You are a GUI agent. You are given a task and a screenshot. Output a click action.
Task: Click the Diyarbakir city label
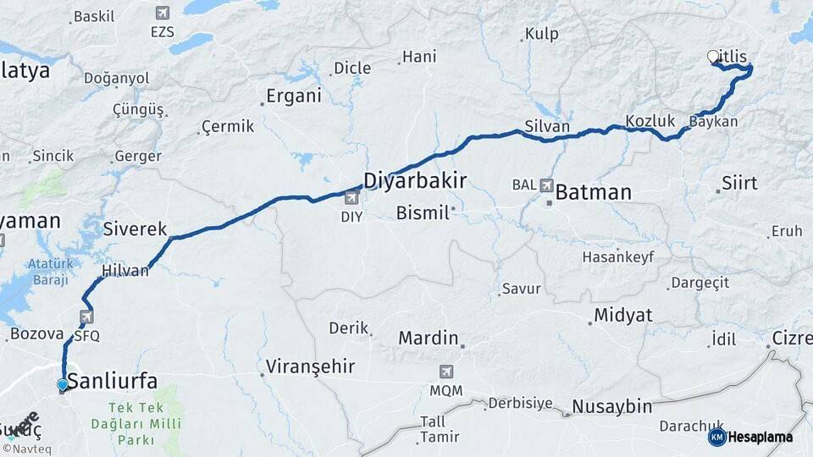pos(415,179)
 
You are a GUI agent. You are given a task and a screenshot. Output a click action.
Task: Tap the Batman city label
pos(593,192)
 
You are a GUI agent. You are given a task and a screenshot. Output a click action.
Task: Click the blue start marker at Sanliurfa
pos(63,385)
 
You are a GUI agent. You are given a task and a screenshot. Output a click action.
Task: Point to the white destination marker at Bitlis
pos(713,57)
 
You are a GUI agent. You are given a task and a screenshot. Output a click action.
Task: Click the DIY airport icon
pos(351,199)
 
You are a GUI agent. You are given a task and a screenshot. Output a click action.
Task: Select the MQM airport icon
pos(446,372)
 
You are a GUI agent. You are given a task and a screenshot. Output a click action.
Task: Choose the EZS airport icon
pos(162,14)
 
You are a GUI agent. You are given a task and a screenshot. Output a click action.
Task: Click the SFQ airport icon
pos(86,317)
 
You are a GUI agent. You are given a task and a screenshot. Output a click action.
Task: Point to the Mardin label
pos(428,338)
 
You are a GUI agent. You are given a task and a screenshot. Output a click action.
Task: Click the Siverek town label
pos(135,228)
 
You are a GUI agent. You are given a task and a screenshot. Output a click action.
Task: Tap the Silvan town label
pos(547,126)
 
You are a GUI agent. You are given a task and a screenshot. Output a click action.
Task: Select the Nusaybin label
pos(611,406)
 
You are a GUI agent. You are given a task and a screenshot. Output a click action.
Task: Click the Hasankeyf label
pos(618,257)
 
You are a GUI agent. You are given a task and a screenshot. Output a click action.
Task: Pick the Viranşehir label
pos(310,366)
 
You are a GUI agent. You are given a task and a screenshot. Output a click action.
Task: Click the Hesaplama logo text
pos(760,437)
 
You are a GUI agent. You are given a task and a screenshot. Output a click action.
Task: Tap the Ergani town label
pos(293,96)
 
